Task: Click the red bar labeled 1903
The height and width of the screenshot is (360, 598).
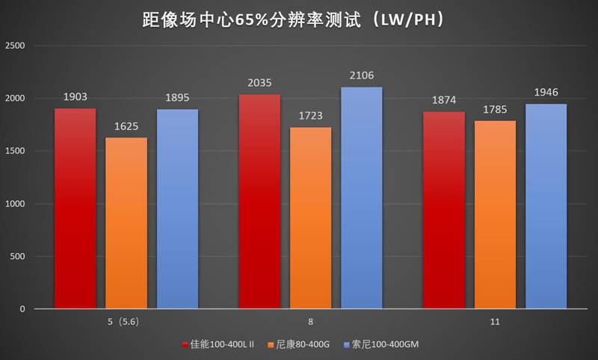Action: coord(75,208)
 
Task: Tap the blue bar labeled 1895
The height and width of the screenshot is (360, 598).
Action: coord(177,208)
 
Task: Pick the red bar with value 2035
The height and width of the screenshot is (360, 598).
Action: coord(259,201)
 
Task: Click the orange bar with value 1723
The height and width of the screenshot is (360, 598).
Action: coord(310,217)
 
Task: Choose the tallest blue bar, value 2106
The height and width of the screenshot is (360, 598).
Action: coord(362,197)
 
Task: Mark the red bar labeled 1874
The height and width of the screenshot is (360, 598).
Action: coord(443,210)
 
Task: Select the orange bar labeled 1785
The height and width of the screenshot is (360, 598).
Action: coord(495,214)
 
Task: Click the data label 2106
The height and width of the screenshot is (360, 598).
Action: coord(362,75)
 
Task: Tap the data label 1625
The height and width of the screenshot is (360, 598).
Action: coord(126,126)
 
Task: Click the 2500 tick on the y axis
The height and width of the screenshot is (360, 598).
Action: coord(16,46)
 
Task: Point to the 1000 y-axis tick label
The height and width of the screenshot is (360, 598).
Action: coord(16,204)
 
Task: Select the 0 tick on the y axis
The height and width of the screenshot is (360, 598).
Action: coord(22,309)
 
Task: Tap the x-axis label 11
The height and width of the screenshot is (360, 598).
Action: coord(495,322)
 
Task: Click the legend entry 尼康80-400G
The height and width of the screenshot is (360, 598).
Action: coord(302,344)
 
